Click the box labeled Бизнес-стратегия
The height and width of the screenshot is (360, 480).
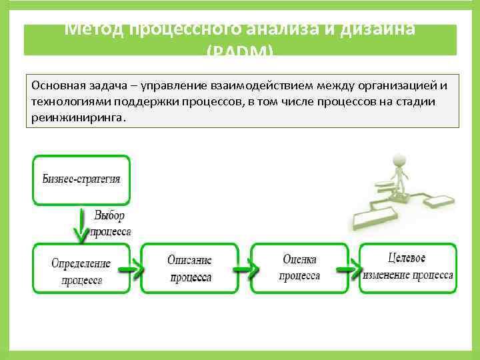(x=81, y=179)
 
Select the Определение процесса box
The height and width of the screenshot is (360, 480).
(x=81, y=268)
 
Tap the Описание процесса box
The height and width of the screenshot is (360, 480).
(x=189, y=268)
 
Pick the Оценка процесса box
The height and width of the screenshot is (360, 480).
(x=299, y=268)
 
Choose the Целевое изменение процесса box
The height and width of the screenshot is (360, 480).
(x=407, y=268)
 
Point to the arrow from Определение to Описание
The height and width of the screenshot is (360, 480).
(x=132, y=269)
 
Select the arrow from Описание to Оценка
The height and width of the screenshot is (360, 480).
(x=242, y=269)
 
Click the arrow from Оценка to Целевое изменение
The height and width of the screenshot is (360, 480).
(x=350, y=269)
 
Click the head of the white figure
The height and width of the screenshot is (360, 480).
(x=399, y=161)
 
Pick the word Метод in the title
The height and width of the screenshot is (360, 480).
(x=93, y=30)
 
